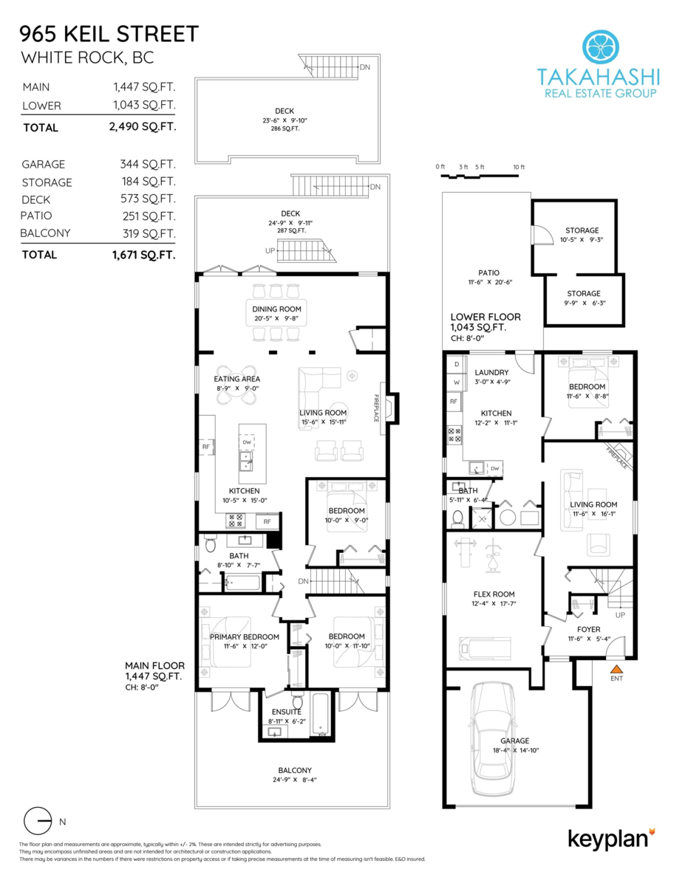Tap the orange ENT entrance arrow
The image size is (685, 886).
[615, 670]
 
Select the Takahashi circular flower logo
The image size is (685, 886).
[599, 47]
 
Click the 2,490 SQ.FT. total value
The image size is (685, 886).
[142, 127]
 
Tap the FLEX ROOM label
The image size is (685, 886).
[494, 594]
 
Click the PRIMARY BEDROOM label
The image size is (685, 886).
[244, 636]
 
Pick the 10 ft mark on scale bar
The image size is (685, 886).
[518, 167]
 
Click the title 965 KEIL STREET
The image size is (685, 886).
[109, 34]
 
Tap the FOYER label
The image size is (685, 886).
[583, 629]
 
